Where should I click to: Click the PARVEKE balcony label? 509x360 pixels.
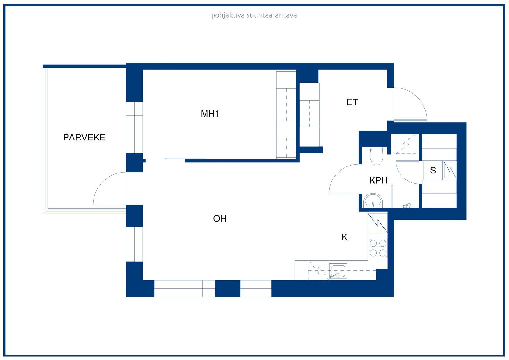84,138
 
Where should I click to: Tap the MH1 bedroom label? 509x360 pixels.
210,114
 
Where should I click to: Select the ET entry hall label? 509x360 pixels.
352,102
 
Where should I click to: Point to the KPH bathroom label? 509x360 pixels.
378,180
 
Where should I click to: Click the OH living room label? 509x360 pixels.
220,219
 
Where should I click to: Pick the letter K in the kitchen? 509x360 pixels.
345,237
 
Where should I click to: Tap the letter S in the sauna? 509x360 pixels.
433,170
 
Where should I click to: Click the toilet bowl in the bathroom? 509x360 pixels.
377,156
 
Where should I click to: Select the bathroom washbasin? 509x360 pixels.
373,201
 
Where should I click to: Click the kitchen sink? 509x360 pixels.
338,271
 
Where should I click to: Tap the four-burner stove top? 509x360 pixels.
378,248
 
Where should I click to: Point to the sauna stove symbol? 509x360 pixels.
450,170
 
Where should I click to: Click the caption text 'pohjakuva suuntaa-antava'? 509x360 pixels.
254,15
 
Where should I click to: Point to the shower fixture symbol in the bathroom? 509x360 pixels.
407,206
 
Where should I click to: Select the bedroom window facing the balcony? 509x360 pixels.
134,127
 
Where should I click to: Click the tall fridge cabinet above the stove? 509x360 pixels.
378,223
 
